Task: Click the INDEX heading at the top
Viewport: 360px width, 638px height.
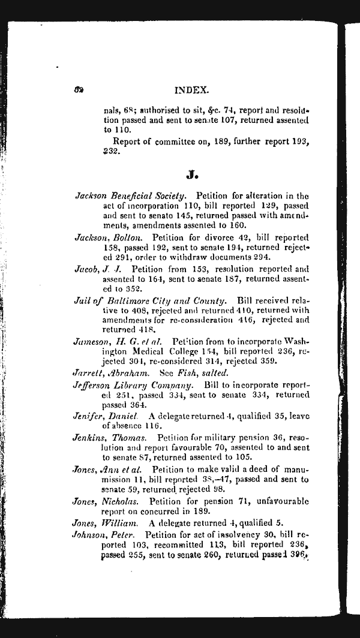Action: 191,90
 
